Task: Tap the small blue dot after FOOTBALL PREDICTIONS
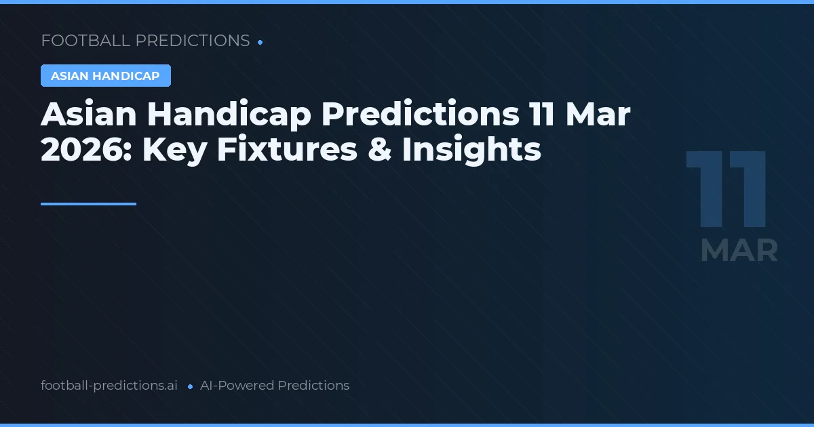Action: (260, 42)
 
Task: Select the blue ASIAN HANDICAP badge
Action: (105, 76)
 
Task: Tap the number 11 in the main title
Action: (543, 115)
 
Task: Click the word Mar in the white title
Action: (600, 115)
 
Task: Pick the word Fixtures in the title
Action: (287, 150)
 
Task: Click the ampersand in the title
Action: (380, 150)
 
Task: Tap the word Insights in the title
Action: (471, 150)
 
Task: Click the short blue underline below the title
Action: (88, 203)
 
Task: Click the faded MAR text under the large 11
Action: (739, 251)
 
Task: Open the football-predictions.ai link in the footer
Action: (109, 386)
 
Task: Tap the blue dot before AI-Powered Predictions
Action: (190, 386)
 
